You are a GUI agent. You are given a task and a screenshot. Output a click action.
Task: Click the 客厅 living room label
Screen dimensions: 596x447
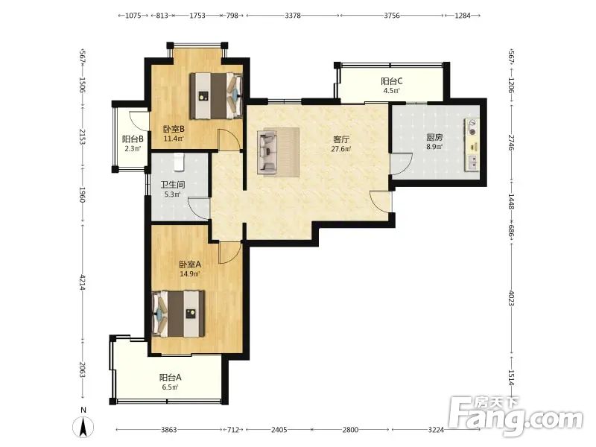341,139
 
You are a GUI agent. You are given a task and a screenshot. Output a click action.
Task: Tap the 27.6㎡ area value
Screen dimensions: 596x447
341,149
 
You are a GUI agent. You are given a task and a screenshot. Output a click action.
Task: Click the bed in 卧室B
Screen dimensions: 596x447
216,96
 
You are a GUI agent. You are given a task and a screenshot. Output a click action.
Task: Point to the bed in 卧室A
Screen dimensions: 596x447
178,314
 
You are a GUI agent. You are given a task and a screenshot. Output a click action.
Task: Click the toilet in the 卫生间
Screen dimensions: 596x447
179,162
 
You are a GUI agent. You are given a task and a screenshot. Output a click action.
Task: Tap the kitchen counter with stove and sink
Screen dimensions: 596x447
472,145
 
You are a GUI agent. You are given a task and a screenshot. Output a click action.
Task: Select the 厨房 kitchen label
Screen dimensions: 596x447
434,137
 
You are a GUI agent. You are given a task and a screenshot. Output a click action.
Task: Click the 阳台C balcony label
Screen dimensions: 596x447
392,81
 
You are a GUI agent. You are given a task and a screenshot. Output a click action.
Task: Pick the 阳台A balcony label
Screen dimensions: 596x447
170,378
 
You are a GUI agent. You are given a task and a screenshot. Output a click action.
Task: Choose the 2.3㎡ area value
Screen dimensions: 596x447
133,148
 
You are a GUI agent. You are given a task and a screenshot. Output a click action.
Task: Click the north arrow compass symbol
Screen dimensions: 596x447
83,425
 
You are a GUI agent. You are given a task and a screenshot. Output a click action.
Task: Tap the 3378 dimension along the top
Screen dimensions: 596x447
293,16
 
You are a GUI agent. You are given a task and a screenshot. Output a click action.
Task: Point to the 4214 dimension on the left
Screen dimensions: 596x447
82,282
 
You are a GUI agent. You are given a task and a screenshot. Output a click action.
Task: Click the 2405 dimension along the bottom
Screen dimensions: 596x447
279,430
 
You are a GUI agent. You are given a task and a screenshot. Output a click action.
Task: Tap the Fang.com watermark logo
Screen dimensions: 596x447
516,416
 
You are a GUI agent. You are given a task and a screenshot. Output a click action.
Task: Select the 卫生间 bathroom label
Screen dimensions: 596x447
172,185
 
